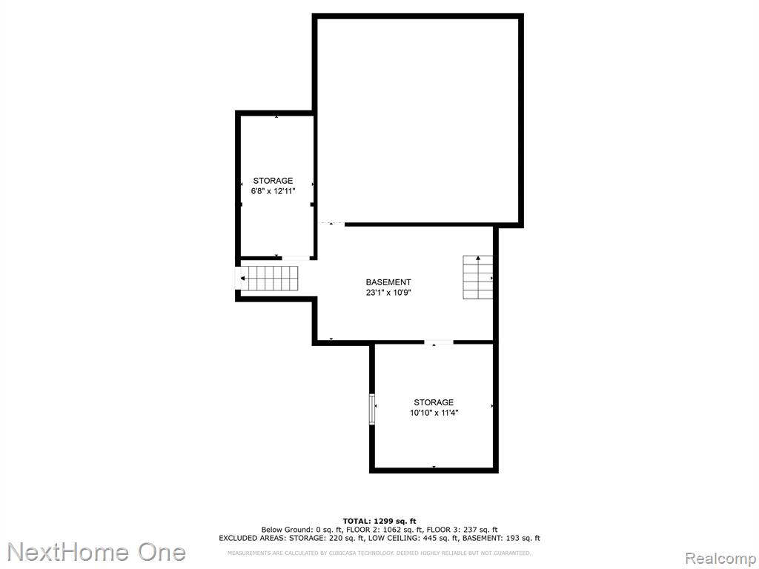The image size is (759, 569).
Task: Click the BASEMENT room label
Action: click(388, 282)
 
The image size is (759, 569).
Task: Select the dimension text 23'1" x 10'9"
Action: click(388, 293)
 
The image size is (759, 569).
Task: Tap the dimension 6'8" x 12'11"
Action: click(273, 191)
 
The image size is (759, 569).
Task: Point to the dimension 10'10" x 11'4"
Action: click(434, 413)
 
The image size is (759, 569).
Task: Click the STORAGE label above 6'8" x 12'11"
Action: click(273, 181)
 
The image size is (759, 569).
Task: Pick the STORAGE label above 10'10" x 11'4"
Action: click(434, 402)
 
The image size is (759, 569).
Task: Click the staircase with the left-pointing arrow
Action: click(269, 279)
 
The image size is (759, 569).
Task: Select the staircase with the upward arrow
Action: click(478, 277)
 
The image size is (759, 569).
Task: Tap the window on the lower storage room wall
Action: click(372, 409)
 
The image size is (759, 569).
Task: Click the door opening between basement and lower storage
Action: click(439, 342)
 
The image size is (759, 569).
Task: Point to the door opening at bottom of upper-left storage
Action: click(296, 258)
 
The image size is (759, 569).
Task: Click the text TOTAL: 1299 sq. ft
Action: click(379, 521)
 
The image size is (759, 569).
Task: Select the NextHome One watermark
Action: click(96, 553)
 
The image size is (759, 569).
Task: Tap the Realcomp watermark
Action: click(721, 559)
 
